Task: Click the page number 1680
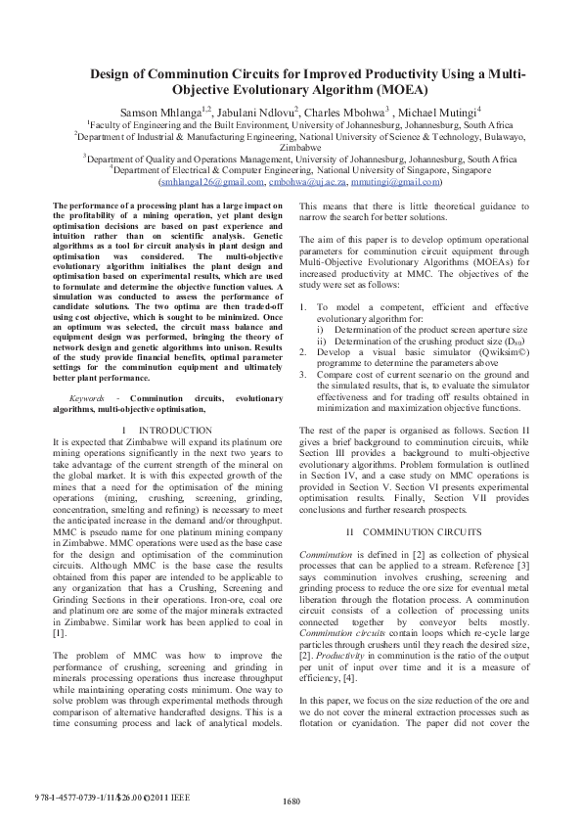click(291, 802)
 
